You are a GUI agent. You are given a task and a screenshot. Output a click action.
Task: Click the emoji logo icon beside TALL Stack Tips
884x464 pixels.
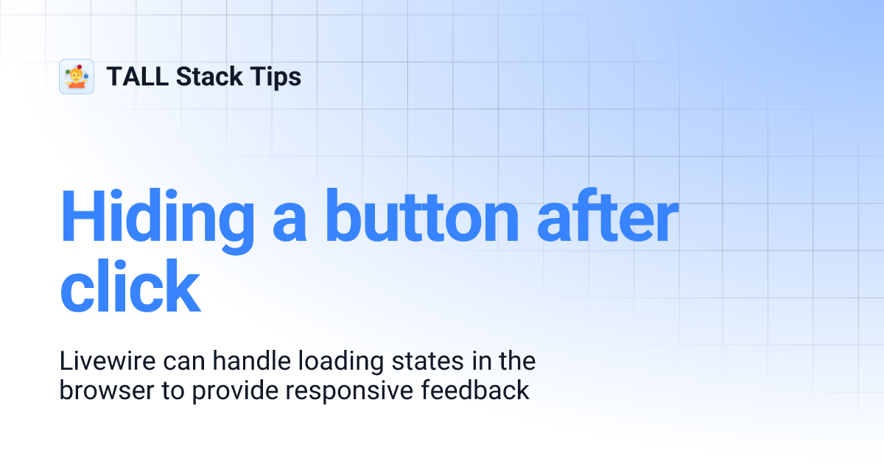(x=77, y=77)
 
